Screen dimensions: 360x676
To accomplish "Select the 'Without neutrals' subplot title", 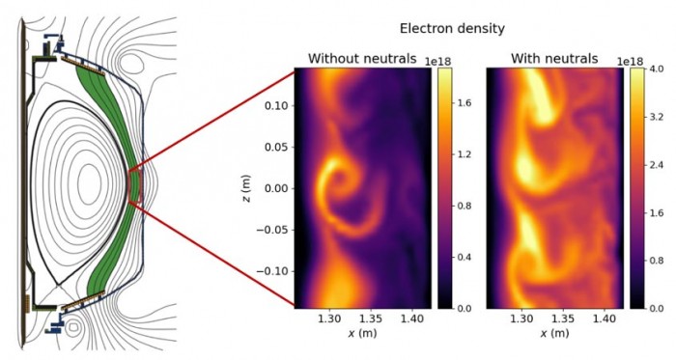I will click(x=362, y=59).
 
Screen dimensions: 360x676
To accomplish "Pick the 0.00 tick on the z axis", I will click(x=274, y=189).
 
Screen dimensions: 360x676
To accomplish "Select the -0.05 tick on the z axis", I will click(x=271, y=230).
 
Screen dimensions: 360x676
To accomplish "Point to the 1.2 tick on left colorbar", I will click(x=471, y=153).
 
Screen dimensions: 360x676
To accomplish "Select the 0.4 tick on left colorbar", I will click(x=471, y=257).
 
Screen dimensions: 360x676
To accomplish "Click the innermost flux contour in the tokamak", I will click(x=89, y=179).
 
